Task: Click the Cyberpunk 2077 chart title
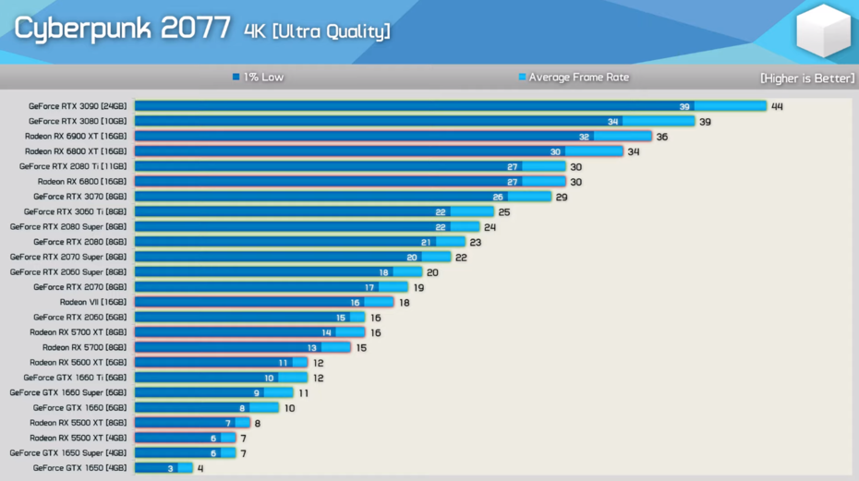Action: click(122, 29)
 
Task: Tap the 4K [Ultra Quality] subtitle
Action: click(317, 31)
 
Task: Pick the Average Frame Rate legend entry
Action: click(574, 78)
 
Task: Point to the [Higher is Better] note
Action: click(806, 78)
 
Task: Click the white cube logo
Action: click(823, 32)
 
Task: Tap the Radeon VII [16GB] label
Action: click(93, 302)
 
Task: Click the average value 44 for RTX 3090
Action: click(777, 106)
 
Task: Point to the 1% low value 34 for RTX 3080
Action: click(613, 122)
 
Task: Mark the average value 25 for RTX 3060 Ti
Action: click(504, 212)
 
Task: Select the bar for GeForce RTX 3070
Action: click(342, 197)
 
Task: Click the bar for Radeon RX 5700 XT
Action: click(249, 332)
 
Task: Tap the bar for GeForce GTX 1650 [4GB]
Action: click(163, 468)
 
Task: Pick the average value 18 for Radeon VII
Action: click(404, 303)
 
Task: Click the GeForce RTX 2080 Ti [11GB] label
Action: click(73, 166)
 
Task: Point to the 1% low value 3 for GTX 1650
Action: click(171, 468)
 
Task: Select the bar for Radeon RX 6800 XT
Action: click(378, 151)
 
